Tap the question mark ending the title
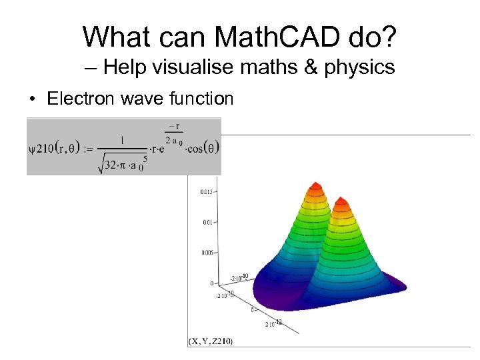tap(387, 37)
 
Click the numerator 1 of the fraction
tap(122, 140)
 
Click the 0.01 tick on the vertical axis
tap(207, 223)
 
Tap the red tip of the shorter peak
tap(341, 201)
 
